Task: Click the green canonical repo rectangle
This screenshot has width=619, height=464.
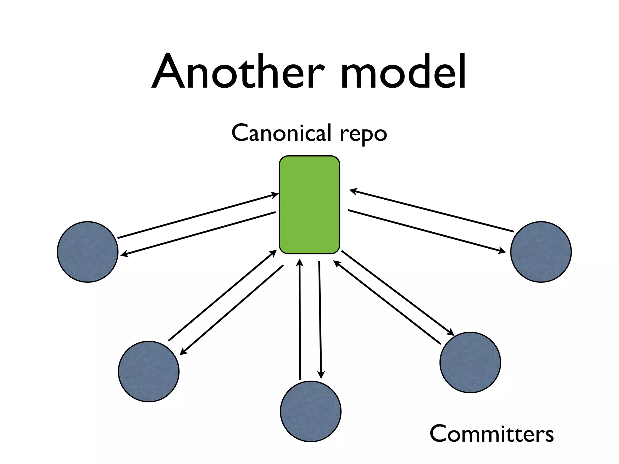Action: coord(309,205)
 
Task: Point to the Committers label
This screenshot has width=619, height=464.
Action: coord(491,433)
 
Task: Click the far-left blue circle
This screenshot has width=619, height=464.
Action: coord(88,252)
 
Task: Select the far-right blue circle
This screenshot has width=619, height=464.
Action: coord(541,252)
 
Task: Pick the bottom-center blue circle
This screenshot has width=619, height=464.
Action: coord(310,411)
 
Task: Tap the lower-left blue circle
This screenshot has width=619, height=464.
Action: coord(149,371)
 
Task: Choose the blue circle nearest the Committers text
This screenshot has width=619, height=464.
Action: coord(470,362)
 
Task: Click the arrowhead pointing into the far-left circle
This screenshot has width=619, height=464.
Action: coord(123,255)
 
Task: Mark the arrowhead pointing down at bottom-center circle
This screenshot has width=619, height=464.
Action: coord(321,375)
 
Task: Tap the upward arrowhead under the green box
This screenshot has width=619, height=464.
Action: coord(300,262)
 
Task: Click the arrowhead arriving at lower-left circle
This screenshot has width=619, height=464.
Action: coord(183,352)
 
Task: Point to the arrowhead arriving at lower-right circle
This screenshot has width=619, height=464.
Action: coord(451,333)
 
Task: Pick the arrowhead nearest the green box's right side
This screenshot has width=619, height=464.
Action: coord(353,191)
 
